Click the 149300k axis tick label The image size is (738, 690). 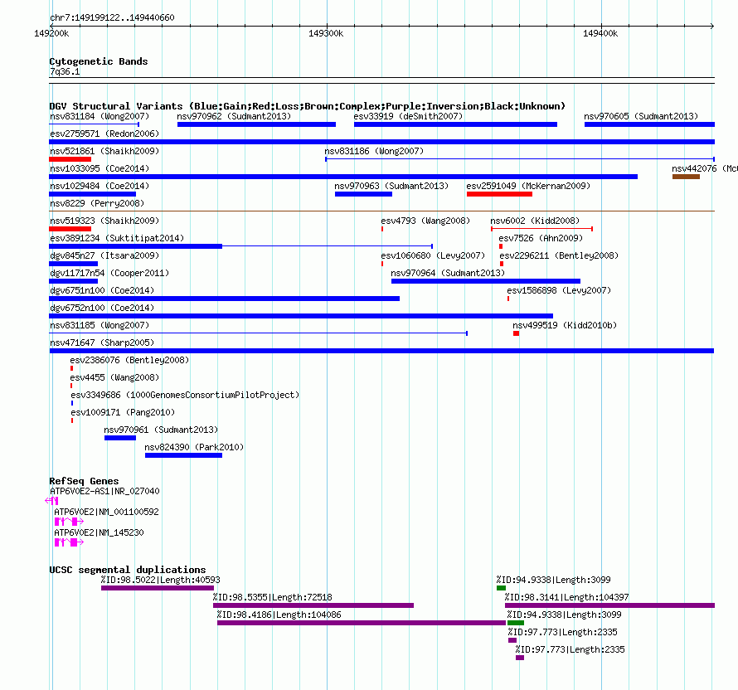[326, 33]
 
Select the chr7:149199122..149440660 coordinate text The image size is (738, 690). [112, 17]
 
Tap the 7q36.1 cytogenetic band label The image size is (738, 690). [65, 71]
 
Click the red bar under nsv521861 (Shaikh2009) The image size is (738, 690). [70, 159]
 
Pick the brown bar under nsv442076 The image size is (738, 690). [686, 177]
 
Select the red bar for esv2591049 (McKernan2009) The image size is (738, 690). [499, 194]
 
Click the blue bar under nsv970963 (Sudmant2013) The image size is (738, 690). [363, 194]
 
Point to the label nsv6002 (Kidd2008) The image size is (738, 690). [535, 221]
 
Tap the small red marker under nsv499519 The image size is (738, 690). [517, 333]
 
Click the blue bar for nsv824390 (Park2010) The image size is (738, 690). [183, 455]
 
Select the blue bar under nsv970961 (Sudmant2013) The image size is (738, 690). [120, 438]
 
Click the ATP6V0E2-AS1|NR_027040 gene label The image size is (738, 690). [104, 491]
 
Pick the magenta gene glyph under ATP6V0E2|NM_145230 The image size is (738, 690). [69, 542]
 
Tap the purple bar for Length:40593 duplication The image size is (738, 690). [158, 588]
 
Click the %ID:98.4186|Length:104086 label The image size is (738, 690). [279, 615]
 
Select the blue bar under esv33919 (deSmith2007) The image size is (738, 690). [455, 124]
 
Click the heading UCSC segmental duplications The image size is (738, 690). [128, 570]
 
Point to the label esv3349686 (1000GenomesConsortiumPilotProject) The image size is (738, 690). [185, 395]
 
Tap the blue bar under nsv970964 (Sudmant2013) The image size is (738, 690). [486, 281]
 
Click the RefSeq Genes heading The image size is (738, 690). [84, 481]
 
